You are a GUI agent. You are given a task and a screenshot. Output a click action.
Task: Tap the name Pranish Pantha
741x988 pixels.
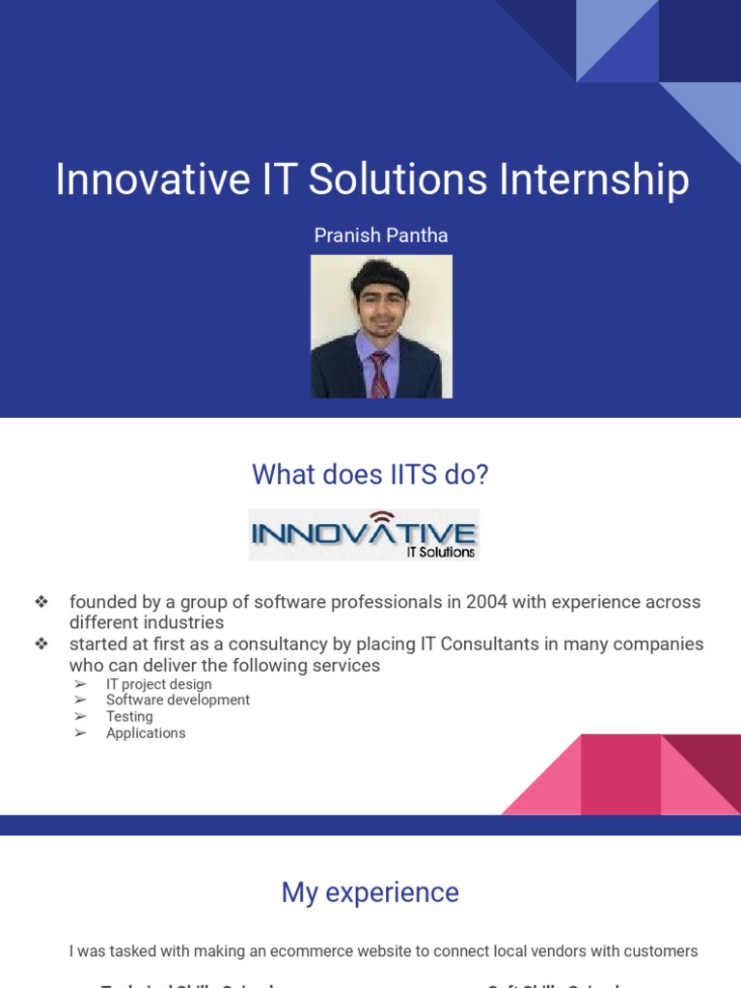[x=381, y=235]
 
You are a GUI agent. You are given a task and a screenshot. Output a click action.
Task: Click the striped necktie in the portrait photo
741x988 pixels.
[x=379, y=374]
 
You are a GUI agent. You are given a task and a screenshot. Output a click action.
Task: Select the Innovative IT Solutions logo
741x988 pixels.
[x=364, y=535]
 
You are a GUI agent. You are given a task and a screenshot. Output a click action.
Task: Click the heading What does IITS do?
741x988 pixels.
[x=370, y=475]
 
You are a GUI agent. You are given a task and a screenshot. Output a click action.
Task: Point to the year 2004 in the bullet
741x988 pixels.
[x=487, y=602]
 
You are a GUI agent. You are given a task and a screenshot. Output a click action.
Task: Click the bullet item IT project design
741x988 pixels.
[x=159, y=684]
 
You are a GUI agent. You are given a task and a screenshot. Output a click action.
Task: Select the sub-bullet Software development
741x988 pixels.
[x=178, y=700]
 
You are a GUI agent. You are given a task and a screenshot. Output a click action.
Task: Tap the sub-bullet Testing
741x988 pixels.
[x=129, y=717]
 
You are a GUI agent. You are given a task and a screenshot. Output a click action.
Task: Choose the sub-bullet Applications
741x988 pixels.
[x=146, y=733]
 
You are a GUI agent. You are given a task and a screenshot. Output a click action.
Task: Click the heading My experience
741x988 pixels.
[x=370, y=892]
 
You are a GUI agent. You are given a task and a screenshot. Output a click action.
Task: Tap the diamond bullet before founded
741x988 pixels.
[x=41, y=602]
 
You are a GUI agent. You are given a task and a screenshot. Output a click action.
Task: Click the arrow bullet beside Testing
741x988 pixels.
[x=81, y=717]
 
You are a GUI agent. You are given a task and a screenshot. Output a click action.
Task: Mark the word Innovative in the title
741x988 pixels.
[x=153, y=179]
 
